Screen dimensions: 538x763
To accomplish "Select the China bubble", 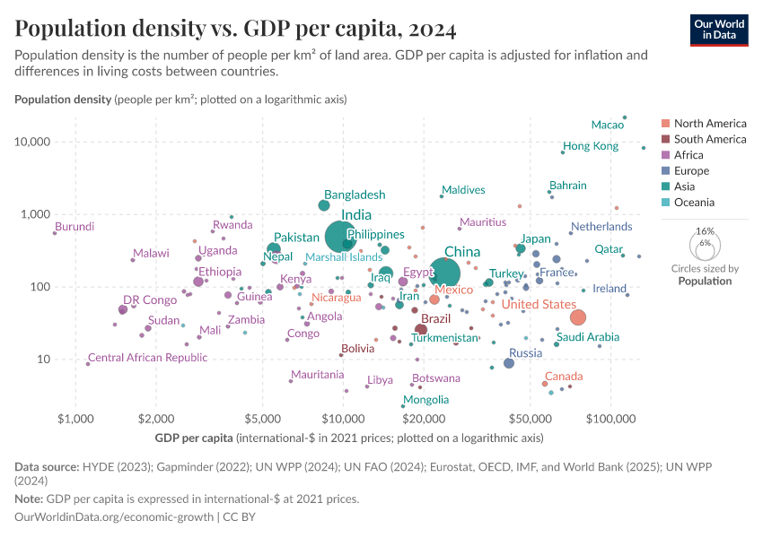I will point(444,273).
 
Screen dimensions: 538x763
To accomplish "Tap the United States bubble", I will point(578,317).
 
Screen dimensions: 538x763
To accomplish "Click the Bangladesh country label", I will point(355,195).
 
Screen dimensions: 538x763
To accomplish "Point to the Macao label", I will point(608,125).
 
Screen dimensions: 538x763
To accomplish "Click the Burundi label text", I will point(75,227).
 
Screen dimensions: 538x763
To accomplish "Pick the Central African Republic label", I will point(147,358).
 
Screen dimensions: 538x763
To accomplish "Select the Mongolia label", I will point(425,400).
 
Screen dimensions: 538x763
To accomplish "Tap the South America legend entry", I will point(709,139).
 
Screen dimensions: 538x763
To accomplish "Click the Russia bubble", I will point(509,363).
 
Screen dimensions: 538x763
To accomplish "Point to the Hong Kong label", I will point(590,146).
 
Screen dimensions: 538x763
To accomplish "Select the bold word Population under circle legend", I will point(705,281).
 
